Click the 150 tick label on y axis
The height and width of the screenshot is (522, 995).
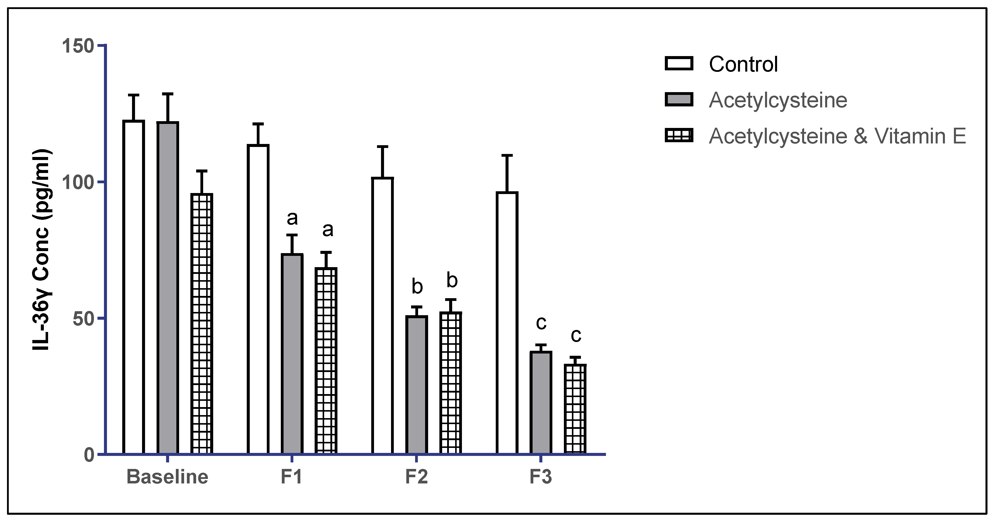pyautogui.click(x=78, y=46)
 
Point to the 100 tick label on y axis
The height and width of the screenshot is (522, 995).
pyautogui.click(x=78, y=182)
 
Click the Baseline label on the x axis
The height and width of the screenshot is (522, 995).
pyautogui.click(x=167, y=477)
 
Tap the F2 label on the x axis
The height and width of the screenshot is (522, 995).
pyautogui.click(x=416, y=477)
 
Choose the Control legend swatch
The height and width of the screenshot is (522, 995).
pyautogui.click(x=679, y=64)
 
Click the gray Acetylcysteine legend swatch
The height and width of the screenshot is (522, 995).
pyautogui.click(x=679, y=100)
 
